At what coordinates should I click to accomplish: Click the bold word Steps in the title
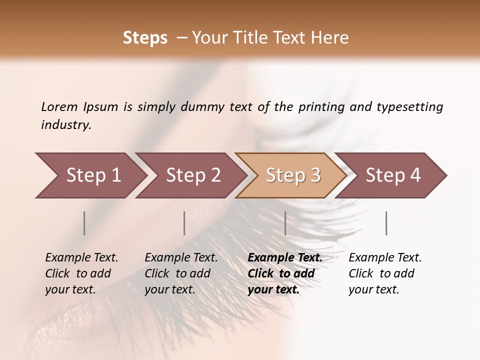[145, 38]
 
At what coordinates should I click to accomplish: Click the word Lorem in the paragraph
[59, 107]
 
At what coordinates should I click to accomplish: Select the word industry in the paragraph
[66, 125]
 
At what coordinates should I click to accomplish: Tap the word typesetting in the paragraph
[409, 107]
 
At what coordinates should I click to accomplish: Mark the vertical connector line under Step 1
[84, 223]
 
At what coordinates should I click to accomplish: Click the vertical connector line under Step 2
[184, 223]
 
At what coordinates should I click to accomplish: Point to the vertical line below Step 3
[285, 223]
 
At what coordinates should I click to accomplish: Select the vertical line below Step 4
[386, 223]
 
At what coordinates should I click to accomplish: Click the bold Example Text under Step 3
[285, 258]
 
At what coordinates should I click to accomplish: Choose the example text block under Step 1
[81, 273]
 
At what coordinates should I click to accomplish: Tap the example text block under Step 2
[181, 273]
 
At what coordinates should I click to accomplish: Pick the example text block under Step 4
[385, 273]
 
